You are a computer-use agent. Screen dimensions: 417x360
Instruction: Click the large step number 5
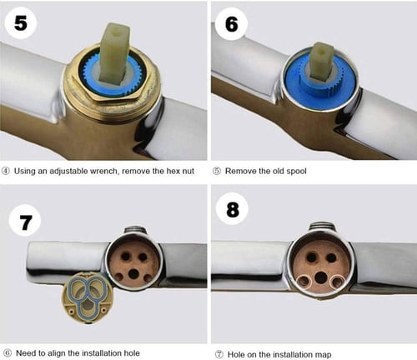pos(21,22)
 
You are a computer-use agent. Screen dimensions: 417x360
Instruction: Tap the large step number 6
pos(232,24)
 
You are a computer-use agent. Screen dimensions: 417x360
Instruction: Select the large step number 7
pos(25,222)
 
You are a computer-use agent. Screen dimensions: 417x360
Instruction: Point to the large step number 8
pos(233,209)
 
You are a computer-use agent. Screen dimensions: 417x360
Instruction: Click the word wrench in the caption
pos(103,171)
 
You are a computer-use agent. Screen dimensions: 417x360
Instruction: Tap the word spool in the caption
pos(296,171)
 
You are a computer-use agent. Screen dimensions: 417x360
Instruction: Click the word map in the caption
pos(324,355)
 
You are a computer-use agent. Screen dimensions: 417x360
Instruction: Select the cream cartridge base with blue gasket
pos(88,298)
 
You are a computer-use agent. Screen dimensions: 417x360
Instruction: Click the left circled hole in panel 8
pos(304,282)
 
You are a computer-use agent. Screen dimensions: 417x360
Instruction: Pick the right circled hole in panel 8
pos(337,282)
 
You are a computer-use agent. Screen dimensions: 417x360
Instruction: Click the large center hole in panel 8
pos(321,277)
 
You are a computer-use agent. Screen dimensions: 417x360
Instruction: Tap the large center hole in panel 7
pos(133,274)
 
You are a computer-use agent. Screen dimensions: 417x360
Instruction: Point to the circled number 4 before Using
pos(6,171)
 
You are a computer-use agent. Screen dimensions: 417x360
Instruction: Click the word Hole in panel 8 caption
pos(236,355)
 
